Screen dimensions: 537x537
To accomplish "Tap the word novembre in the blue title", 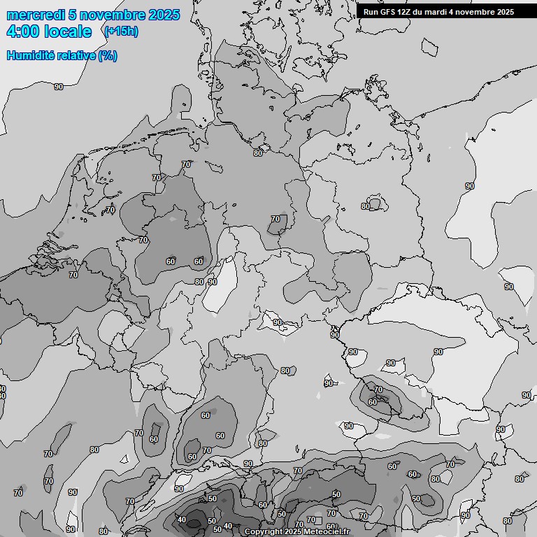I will coord(113,15).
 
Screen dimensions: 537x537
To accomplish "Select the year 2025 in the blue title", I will coord(164,15).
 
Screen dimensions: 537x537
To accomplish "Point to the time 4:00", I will coord(23,31).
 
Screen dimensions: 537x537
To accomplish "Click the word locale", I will coord(68,31).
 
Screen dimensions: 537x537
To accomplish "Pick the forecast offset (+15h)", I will coord(120,31).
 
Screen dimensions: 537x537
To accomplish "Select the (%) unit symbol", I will coord(108,55).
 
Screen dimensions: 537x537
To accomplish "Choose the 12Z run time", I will coord(406,12).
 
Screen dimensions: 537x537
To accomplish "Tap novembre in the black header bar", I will coord(475,12).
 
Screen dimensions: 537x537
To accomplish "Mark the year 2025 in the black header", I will coord(505,12).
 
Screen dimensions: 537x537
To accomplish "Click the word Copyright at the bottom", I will coord(264,532).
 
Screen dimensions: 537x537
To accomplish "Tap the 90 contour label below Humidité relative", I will coord(59,87).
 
